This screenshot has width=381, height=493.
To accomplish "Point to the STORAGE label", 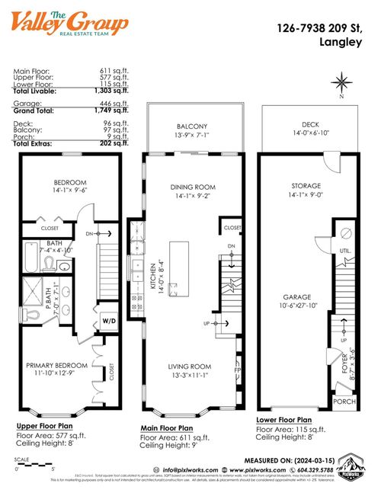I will [x=306, y=185].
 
